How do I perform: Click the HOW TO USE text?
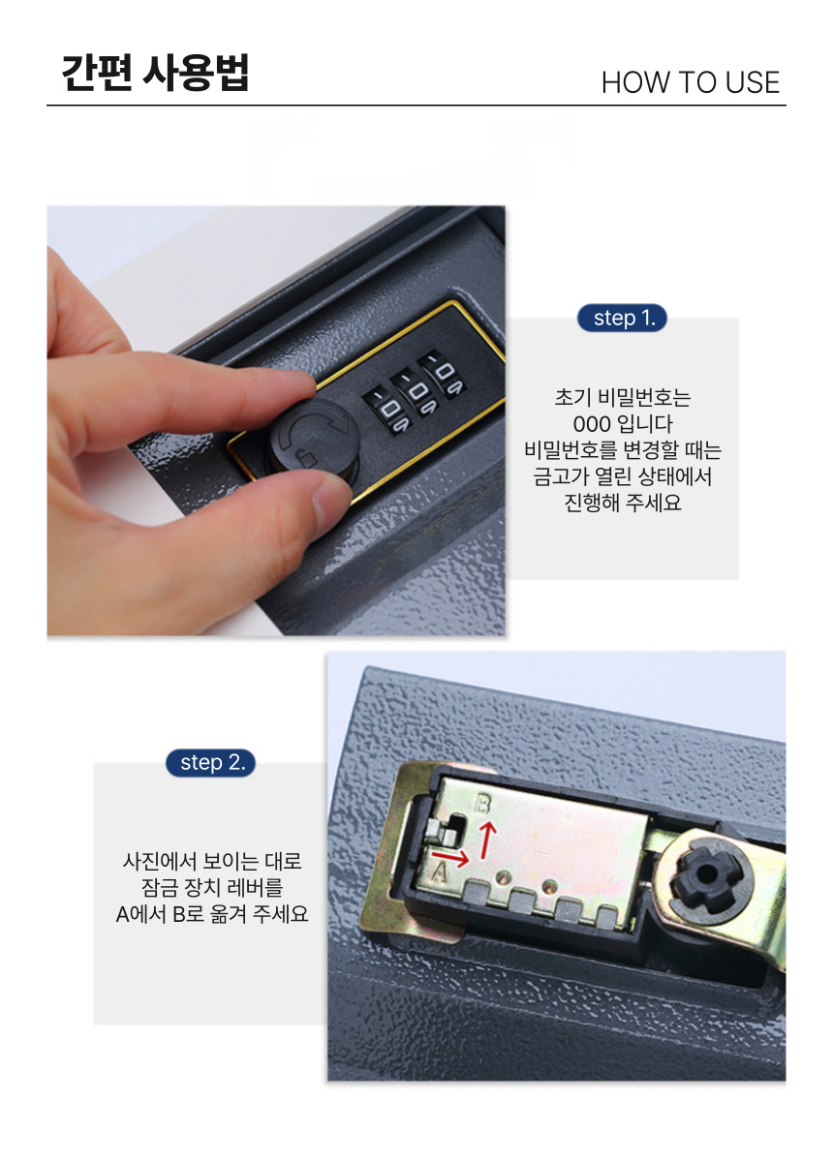691,82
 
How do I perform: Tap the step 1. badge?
622,318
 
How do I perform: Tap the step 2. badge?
210,763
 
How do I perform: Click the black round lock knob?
314,435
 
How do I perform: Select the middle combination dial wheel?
416,391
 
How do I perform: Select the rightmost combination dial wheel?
443,374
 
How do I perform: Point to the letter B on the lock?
482,805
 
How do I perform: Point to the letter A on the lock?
439,872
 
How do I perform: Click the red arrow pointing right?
450,859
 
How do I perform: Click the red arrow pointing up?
487,841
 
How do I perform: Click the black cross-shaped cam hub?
706,875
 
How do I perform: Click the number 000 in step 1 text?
591,424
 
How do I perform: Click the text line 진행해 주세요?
622,503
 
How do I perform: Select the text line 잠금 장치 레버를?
212,887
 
